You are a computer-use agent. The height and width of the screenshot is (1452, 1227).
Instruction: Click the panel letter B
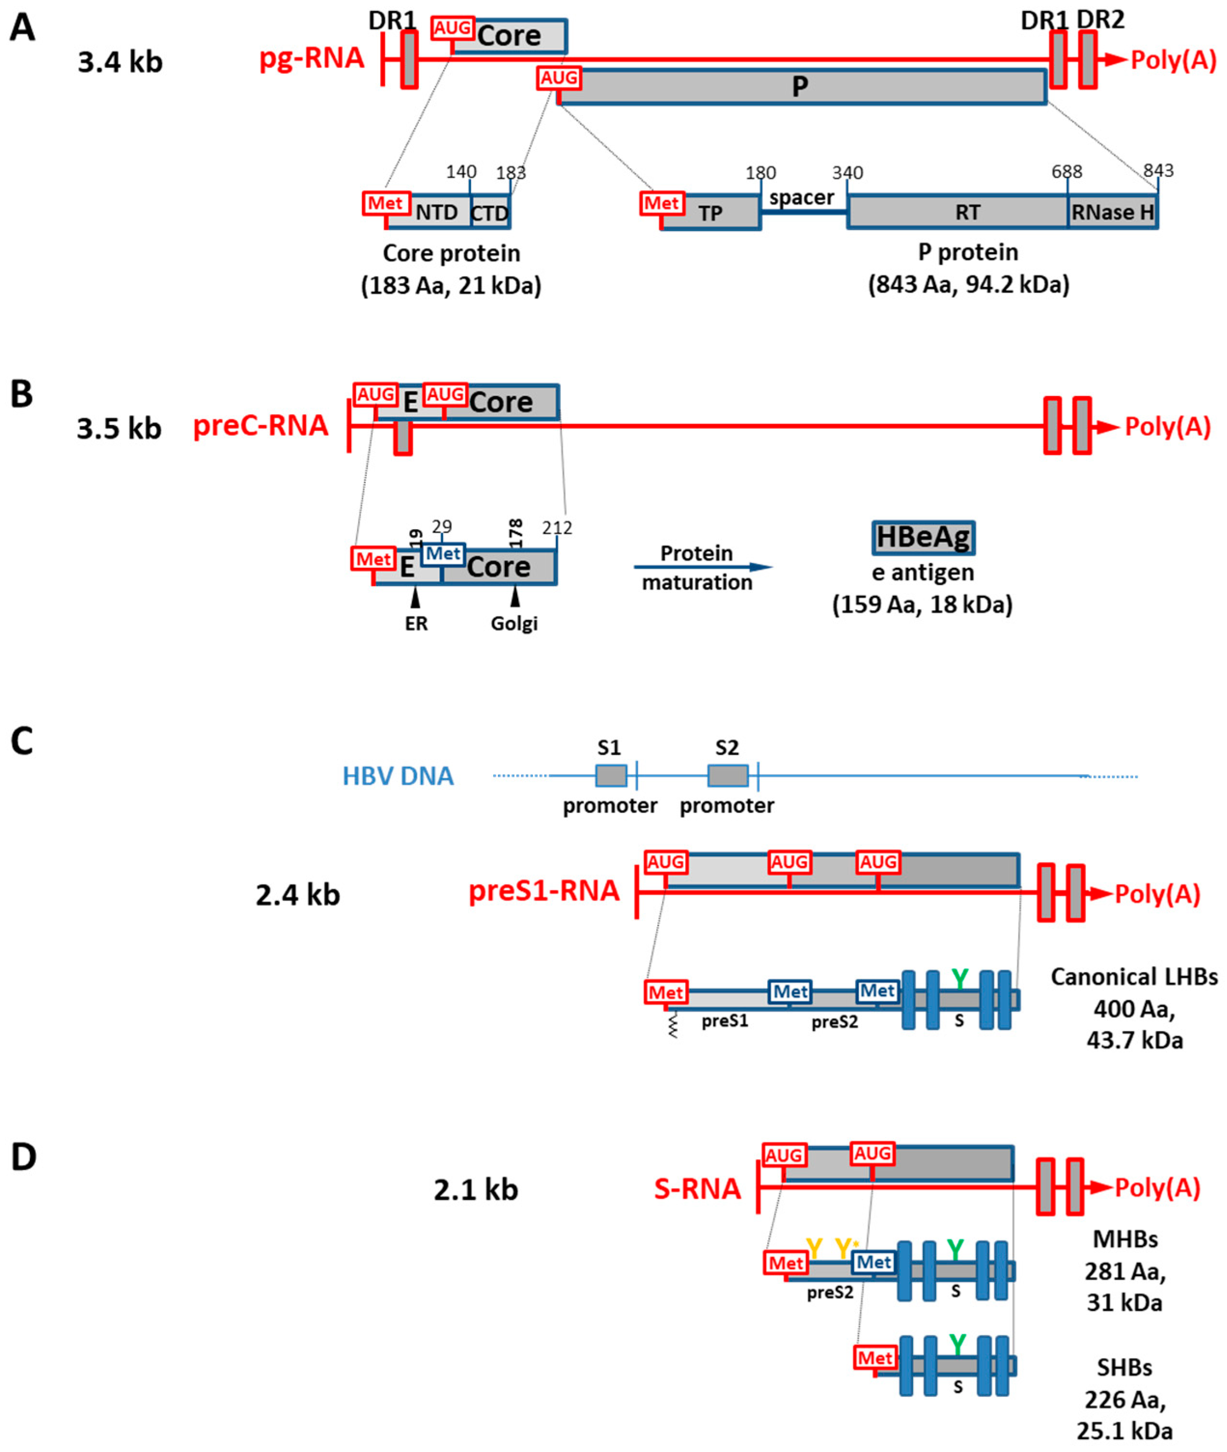click(22, 394)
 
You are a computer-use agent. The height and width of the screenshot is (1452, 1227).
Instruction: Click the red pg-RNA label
click(312, 58)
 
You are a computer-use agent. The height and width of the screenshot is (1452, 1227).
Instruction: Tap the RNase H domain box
click(1112, 213)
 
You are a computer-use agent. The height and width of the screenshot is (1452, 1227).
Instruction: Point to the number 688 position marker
click(1066, 172)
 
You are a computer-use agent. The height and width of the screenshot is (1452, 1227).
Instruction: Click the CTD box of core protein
click(490, 213)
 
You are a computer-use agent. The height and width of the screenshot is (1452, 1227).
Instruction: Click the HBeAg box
click(923, 537)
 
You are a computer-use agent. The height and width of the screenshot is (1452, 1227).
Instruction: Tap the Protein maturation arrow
click(703, 567)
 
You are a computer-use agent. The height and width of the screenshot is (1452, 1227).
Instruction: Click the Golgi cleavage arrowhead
click(515, 597)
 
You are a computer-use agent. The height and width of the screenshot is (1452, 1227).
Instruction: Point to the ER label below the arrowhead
click(416, 624)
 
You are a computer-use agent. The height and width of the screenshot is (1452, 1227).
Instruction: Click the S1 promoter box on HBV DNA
click(611, 775)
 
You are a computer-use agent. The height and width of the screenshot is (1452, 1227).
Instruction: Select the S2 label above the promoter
click(727, 748)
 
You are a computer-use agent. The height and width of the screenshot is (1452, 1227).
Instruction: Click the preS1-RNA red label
click(544, 891)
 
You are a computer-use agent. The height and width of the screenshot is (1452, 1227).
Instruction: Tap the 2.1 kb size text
click(476, 1190)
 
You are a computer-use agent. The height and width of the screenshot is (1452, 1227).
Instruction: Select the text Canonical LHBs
click(1134, 977)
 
